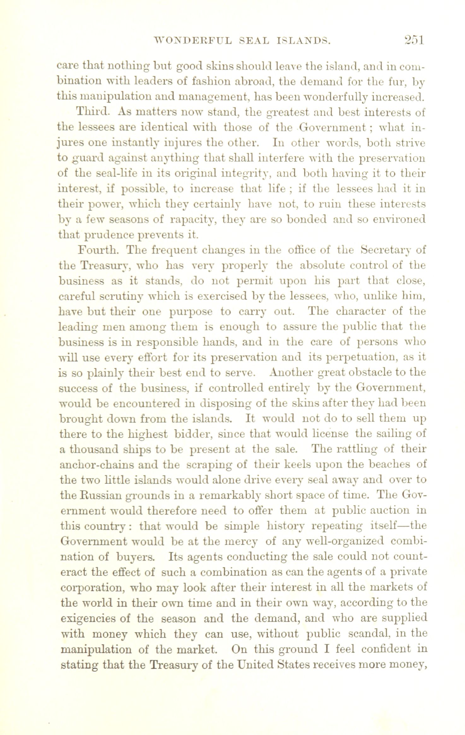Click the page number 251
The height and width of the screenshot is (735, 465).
tap(410, 40)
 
